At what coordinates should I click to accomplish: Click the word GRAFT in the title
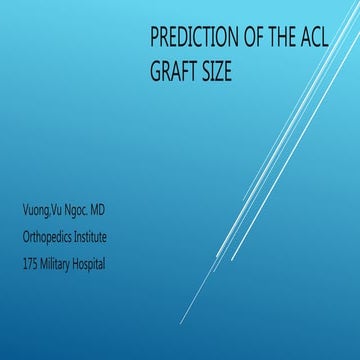[175, 72]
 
